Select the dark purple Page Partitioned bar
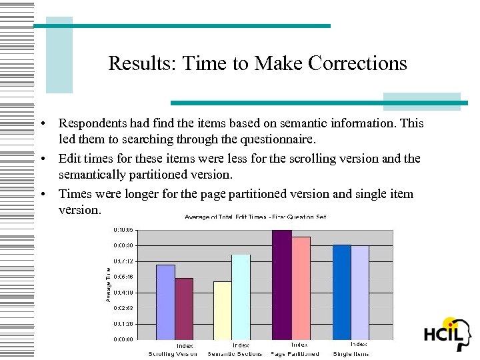point(282,285)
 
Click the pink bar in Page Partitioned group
point(301,288)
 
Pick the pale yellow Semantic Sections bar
point(223,310)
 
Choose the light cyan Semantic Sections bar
point(241,297)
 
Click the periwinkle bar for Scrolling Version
point(165,302)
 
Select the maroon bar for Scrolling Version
point(184,309)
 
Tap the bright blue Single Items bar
point(341,292)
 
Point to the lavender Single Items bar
point(360,293)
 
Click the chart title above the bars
point(255,217)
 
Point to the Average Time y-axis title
point(109,283)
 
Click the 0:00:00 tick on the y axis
point(123,339)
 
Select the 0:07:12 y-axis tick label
point(123,261)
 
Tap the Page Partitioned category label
point(295,354)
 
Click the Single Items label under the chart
point(351,354)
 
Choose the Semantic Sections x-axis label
point(235,354)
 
